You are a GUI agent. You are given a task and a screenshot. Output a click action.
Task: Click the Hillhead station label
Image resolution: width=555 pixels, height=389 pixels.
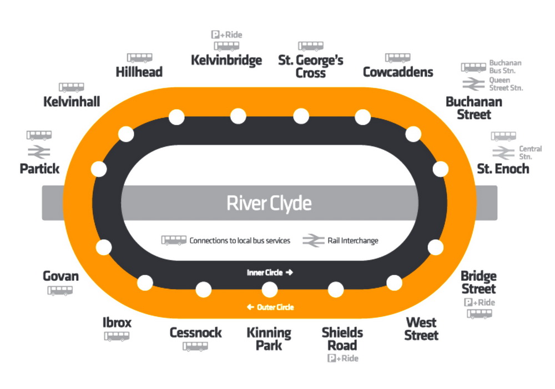[x=139, y=72]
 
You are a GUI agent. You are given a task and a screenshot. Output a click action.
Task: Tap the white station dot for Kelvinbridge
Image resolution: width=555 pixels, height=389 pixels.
[x=238, y=117]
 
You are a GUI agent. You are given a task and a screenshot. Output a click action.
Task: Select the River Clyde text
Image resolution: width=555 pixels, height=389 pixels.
[x=269, y=203]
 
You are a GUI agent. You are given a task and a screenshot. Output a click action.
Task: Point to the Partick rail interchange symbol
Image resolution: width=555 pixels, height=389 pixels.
[x=39, y=151]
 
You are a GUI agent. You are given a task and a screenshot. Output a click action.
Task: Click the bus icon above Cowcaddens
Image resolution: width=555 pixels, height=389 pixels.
[x=397, y=58]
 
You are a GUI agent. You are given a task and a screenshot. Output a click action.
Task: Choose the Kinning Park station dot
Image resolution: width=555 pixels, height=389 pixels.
[x=270, y=290]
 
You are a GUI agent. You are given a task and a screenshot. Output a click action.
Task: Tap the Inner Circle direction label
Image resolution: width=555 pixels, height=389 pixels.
[x=270, y=272]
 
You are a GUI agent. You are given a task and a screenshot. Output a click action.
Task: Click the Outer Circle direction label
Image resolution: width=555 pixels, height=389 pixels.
[x=271, y=307]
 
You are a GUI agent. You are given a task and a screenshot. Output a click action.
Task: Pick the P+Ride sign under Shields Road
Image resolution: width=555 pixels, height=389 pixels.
[x=343, y=358]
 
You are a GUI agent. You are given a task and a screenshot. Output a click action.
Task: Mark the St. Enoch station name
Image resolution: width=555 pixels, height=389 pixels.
[x=503, y=168]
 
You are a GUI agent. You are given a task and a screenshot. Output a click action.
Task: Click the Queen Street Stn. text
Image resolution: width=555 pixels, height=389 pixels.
[x=506, y=84]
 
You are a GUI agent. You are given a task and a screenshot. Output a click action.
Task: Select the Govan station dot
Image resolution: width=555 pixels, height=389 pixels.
[x=104, y=247]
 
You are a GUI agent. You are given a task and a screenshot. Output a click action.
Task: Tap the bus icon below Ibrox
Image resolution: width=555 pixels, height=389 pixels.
[x=117, y=336]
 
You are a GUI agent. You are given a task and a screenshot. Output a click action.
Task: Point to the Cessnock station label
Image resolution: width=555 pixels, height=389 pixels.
[x=195, y=332]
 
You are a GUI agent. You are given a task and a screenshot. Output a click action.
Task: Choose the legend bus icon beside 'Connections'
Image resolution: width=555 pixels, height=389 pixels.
[x=173, y=240]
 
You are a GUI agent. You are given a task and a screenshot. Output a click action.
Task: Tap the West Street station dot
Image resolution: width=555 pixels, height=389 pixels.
[x=394, y=282]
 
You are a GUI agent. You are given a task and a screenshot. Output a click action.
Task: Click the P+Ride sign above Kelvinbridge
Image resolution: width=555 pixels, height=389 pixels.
[x=226, y=34]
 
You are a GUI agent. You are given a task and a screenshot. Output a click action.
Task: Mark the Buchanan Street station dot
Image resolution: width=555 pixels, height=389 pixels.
[x=413, y=134]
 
